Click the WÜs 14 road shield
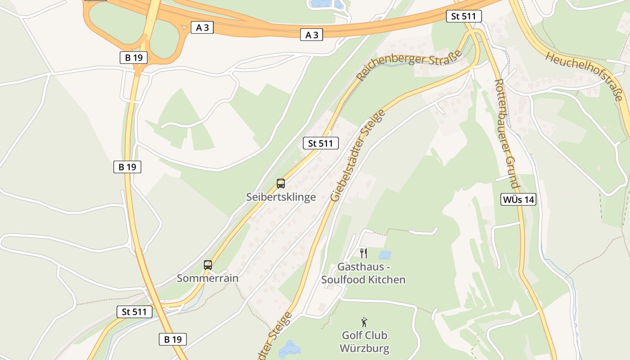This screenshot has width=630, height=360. tap(518, 199)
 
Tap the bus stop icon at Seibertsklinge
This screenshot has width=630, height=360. tap(281, 184)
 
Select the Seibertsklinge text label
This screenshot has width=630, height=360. tap(281, 197)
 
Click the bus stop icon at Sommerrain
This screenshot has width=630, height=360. tap(207, 265)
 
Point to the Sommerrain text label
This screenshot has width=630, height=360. tap(207, 278)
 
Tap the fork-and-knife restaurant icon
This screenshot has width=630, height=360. tap(364, 253)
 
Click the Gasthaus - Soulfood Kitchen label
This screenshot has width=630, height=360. tap(364, 273)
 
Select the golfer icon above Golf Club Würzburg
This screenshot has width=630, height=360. tap(364, 322)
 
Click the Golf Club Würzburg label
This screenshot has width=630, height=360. tap(364, 342)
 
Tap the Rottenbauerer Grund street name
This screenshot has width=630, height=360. tap(507, 134)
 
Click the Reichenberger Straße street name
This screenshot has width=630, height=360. tap(409, 64)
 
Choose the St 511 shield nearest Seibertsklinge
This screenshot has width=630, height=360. tap(320, 143)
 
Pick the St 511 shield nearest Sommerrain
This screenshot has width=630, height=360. tap(135, 311)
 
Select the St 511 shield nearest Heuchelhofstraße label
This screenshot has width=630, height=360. tap(464, 17)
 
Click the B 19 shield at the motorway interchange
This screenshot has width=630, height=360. tap(134, 57)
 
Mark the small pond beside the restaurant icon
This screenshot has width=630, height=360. tap(385, 255)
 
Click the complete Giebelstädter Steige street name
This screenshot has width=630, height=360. tap(358, 155)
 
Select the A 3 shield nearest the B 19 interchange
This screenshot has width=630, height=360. tap(202, 27)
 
